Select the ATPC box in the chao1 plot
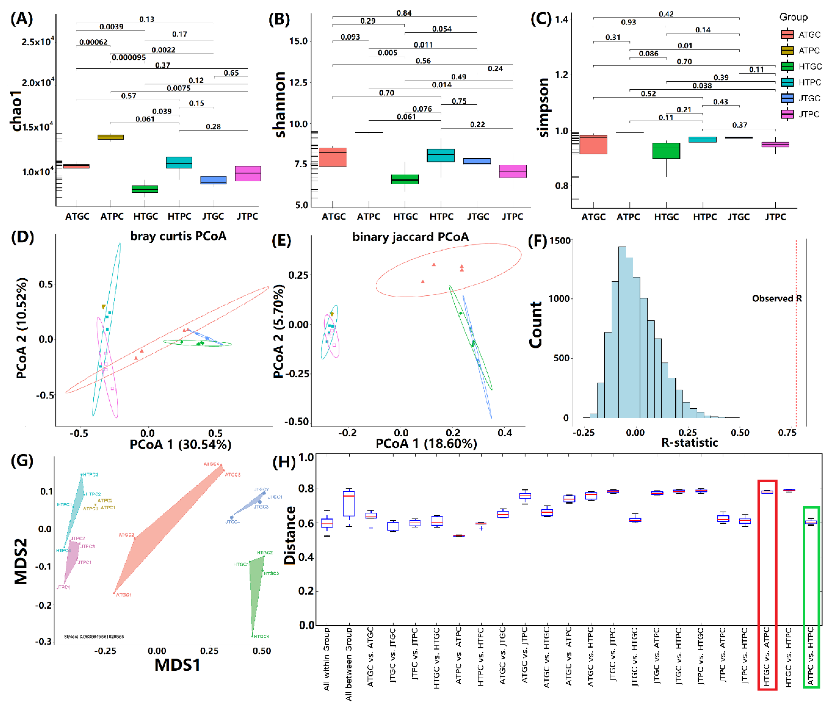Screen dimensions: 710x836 tap(111, 137)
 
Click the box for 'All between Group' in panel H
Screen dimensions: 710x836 tap(349, 503)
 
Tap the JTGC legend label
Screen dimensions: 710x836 tap(809, 98)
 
